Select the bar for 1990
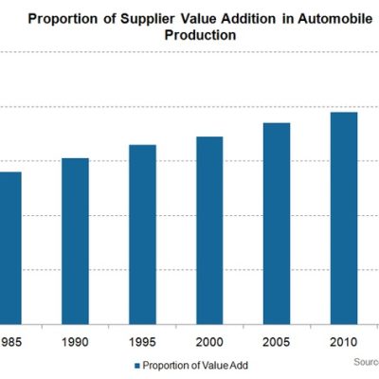tap(75, 242)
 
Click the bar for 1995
tap(142, 235)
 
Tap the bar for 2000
tap(209, 230)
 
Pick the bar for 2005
tap(277, 224)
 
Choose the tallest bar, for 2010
tap(344, 219)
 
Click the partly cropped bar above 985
tap(9, 248)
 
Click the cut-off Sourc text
tap(366, 362)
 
